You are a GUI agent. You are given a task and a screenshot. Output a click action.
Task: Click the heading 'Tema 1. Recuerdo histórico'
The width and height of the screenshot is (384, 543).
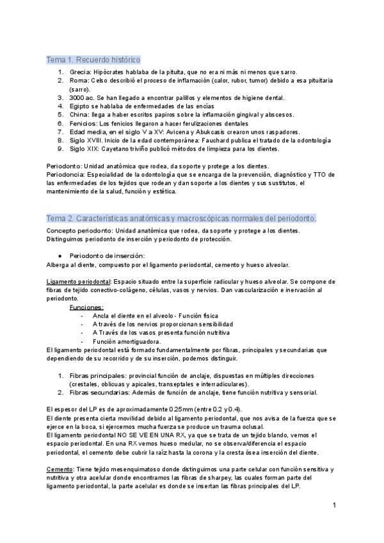(x=93, y=60)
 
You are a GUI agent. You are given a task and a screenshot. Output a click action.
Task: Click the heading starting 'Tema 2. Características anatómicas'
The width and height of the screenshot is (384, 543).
(x=181, y=219)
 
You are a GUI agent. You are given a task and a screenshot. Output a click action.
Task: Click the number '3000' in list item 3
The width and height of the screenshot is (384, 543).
(x=79, y=98)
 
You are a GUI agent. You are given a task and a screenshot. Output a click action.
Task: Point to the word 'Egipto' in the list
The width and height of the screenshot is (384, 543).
(x=81, y=106)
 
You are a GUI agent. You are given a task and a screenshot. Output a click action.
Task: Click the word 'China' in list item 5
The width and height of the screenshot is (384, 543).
(x=80, y=115)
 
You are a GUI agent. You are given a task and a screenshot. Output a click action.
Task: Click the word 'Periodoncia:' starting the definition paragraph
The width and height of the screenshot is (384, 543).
(x=67, y=175)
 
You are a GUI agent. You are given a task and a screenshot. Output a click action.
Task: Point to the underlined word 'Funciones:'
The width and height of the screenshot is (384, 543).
(x=86, y=307)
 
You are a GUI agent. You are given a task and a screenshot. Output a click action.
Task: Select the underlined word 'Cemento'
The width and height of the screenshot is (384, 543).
(x=60, y=469)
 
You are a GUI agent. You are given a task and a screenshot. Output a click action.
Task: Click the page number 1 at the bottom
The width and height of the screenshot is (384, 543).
(x=334, y=506)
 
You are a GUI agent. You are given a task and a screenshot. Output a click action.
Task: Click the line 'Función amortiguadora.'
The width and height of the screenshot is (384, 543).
(x=118, y=341)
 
